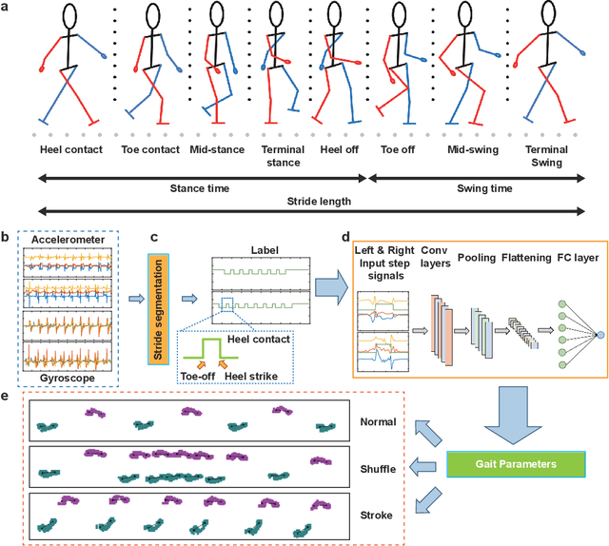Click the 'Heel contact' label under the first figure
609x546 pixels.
[71, 149]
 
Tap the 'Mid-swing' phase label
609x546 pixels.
[473, 149]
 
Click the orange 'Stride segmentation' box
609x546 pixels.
[160, 301]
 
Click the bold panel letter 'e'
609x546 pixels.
[8, 396]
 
